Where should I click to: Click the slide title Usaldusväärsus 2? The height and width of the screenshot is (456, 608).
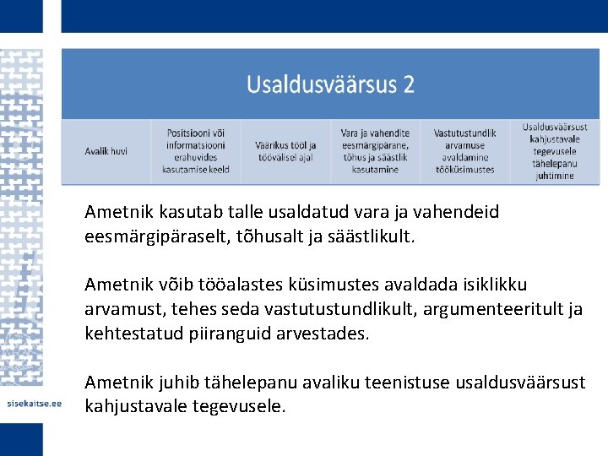point(330,84)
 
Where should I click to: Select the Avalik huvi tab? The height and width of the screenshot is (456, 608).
point(106,151)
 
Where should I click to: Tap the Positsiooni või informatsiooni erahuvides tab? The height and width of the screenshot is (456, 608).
point(197,151)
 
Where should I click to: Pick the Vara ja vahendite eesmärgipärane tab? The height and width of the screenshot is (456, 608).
point(375,151)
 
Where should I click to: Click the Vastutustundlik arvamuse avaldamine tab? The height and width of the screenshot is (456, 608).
point(465,151)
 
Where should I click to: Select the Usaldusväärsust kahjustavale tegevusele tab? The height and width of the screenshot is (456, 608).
point(554,151)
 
